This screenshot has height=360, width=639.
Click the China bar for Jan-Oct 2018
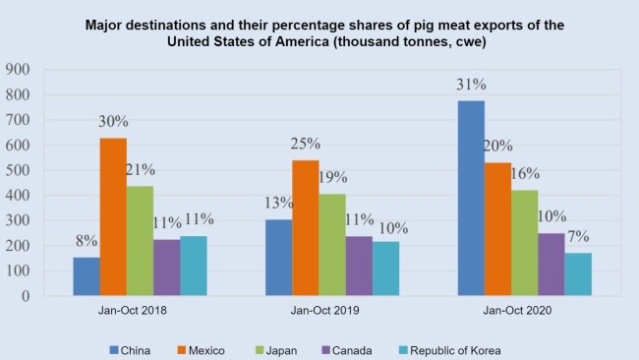[87, 276]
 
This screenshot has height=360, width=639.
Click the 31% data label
[470, 84]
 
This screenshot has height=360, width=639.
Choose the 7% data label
[578, 236]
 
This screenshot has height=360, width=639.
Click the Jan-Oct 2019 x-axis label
[332, 312]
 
